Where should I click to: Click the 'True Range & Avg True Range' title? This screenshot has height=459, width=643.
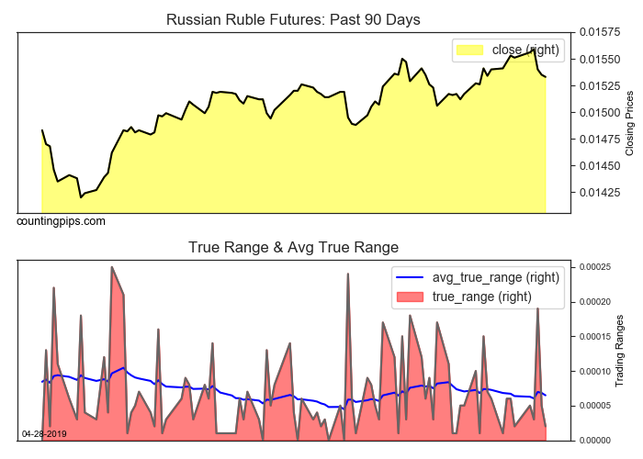pyautogui.click(x=293, y=247)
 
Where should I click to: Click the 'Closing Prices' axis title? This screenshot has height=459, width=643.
pyautogui.click(x=629, y=123)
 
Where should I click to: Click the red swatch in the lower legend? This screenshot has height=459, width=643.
pyautogui.click(x=410, y=297)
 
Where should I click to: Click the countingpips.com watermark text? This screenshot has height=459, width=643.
pyautogui.click(x=61, y=221)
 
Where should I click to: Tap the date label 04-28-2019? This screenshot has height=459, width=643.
pyautogui.click(x=44, y=433)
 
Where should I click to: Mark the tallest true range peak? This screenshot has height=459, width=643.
pyautogui.click(x=111, y=267)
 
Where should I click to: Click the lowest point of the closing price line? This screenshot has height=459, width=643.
pyautogui.click(x=81, y=196)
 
